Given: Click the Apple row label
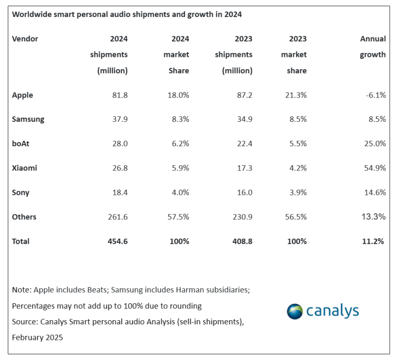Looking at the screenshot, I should [22, 95].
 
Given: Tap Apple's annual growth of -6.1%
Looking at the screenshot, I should [374, 95].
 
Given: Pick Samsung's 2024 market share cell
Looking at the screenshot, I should [179, 119].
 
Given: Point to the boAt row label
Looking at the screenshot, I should [21, 144].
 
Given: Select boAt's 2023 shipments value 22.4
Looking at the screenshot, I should [243, 144].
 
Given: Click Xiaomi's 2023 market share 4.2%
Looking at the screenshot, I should [297, 168].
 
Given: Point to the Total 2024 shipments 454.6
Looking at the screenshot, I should [116, 241].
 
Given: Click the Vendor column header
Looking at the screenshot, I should [25, 39].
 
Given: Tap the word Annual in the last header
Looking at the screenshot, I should [373, 39].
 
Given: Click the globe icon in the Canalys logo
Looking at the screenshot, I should [295, 311].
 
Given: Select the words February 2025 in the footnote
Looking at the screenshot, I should [37, 337].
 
